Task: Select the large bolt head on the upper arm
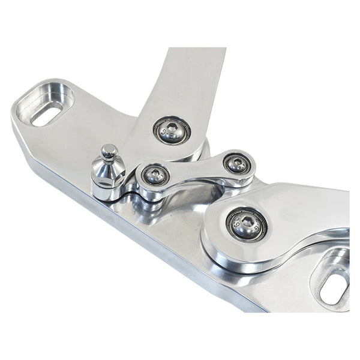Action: (172, 130)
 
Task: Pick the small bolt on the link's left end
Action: (155, 175)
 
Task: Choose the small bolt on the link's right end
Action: (237, 163)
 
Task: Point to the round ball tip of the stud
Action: (109, 152)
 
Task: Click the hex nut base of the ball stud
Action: (108, 178)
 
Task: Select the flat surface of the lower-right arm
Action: (300, 210)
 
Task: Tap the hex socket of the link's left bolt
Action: (155, 175)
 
